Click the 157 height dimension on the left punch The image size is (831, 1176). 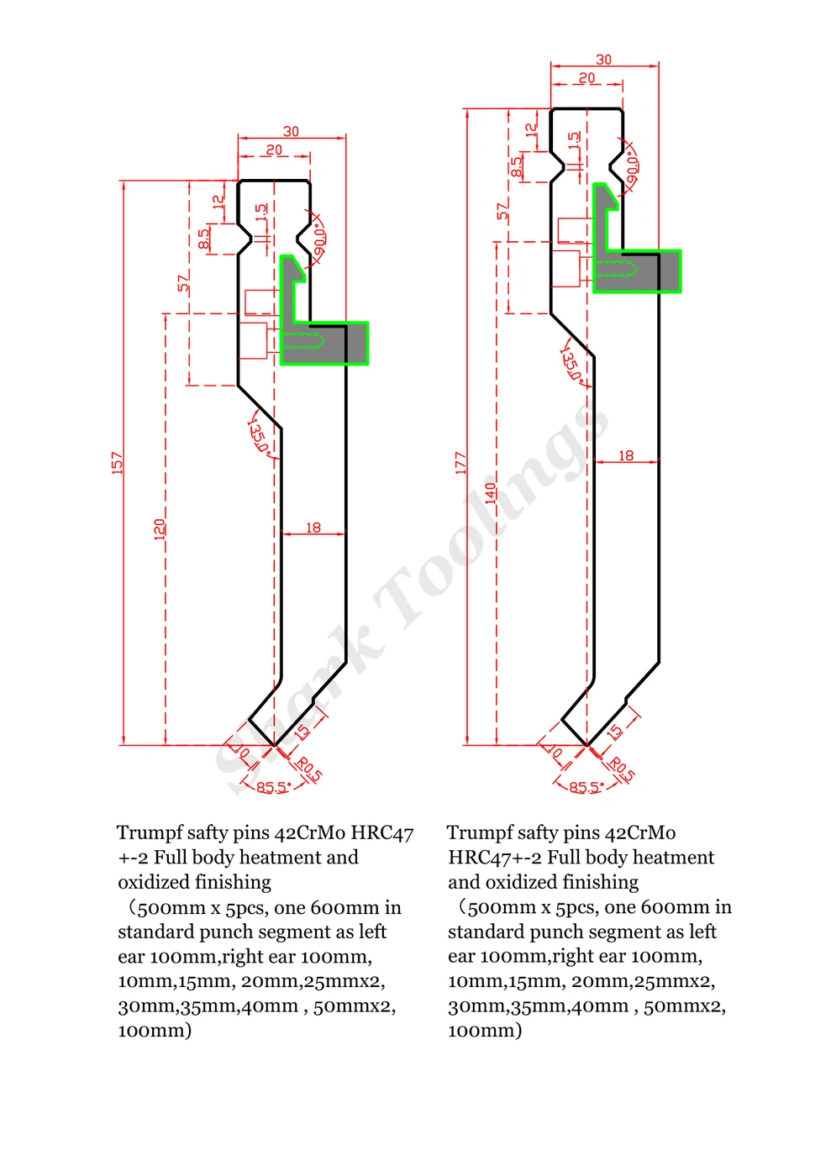tap(117, 463)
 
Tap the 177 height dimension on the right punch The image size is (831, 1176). tap(460, 463)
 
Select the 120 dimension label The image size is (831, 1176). tap(159, 529)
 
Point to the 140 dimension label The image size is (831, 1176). tap(490, 492)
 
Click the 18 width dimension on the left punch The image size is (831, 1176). tap(313, 528)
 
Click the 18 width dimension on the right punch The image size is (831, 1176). tap(626, 455)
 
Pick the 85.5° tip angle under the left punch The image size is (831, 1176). tap(274, 788)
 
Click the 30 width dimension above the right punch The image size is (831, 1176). tap(603, 60)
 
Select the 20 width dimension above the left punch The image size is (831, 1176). tap(274, 150)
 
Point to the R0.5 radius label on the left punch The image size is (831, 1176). tap(310, 769)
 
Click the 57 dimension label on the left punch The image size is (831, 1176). tap(182, 282)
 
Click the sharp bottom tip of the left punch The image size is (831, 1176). tap(274, 745)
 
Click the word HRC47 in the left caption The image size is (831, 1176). tap(381, 833)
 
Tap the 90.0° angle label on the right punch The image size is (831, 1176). tap(633, 165)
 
